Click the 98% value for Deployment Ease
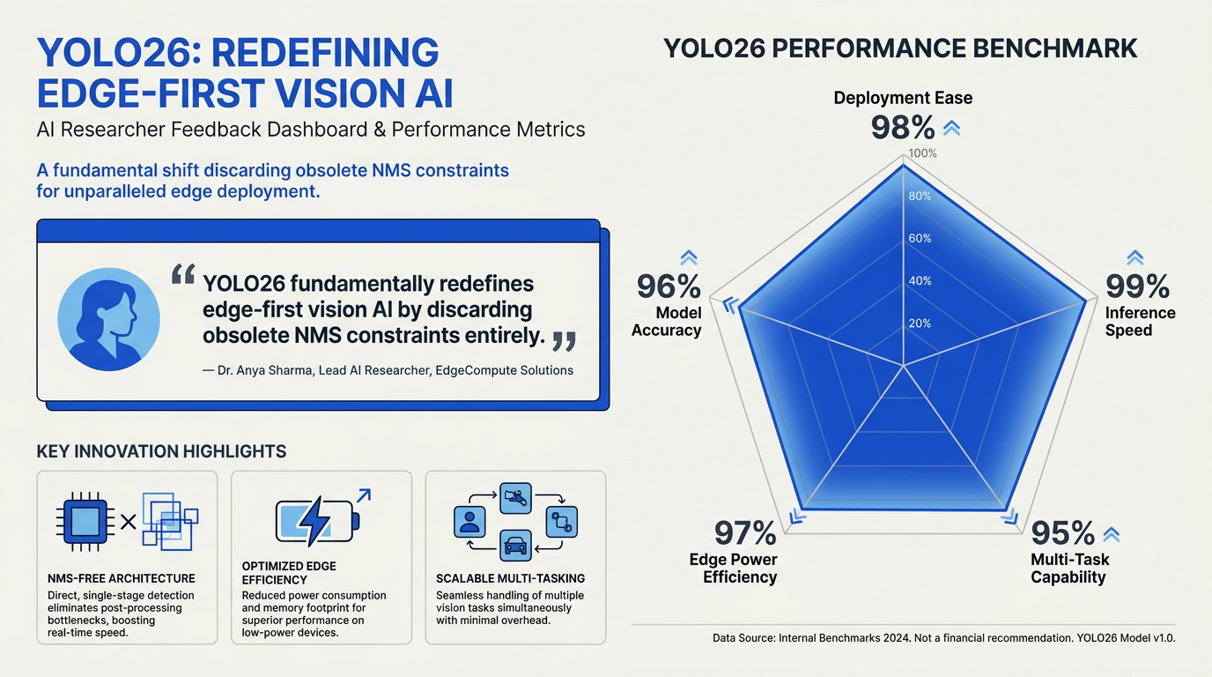pos(903,128)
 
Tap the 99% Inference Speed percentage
pos(1137,286)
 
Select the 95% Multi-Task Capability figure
pos(1062,533)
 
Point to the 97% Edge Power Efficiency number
pos(745,533)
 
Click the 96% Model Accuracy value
pos(669,286)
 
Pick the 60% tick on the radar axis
pos(920,238)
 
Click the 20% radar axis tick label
pos(920,324)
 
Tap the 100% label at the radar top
pos(922,153)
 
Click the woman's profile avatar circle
pos(108,319)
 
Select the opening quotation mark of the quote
pos(183,274)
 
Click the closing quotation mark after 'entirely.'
pos(564,341)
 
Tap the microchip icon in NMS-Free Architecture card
pos(85,522)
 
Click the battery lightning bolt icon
pos(316,521)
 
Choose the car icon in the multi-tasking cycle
pos(515,545)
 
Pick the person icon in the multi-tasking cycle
pos(469,522)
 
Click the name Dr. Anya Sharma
pos(264,370)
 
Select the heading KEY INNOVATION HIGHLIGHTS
pos(161,451)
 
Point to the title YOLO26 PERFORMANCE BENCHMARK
pos(900,48)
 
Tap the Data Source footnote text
pos(943,638)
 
